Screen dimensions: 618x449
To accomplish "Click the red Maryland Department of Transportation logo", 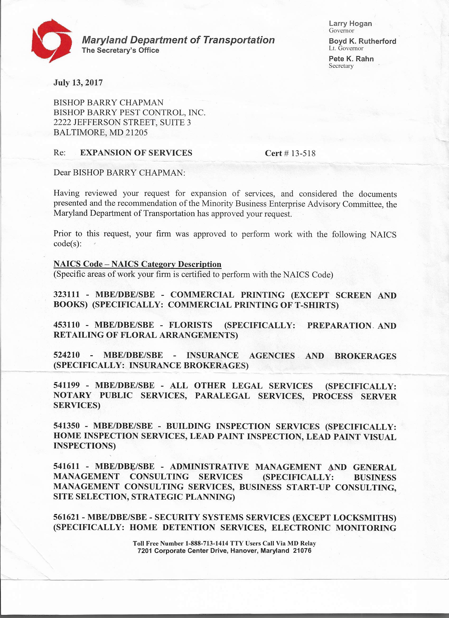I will click(x=52, y=41).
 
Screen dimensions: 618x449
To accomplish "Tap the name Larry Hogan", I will click(x=350, y=24).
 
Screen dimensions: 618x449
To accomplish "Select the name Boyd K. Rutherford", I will click(x=362, y=41).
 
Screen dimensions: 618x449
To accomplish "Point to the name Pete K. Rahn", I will click(x=351, y=59).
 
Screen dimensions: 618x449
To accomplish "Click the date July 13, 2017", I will click(x=78, y=82).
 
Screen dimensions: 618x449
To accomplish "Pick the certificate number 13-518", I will click(x=303, y=153).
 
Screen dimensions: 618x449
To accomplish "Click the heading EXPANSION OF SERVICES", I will click(x=136, y=153).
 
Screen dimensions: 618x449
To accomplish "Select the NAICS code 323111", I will click(x=67, y=294).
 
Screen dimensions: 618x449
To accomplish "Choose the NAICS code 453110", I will click(x=67, y=325).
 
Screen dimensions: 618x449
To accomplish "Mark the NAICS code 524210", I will click(x=67, y=355).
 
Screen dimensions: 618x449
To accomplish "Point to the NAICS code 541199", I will click(x=67, y=385).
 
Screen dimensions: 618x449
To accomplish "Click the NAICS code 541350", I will click(x=67, y=426).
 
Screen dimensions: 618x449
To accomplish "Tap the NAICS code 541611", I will click(x=67, y=466).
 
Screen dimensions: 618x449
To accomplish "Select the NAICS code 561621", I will click(x=67, y=517).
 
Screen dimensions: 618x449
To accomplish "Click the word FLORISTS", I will click(x=190, y=325).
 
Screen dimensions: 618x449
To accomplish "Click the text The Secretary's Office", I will click(x=120, y=50).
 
